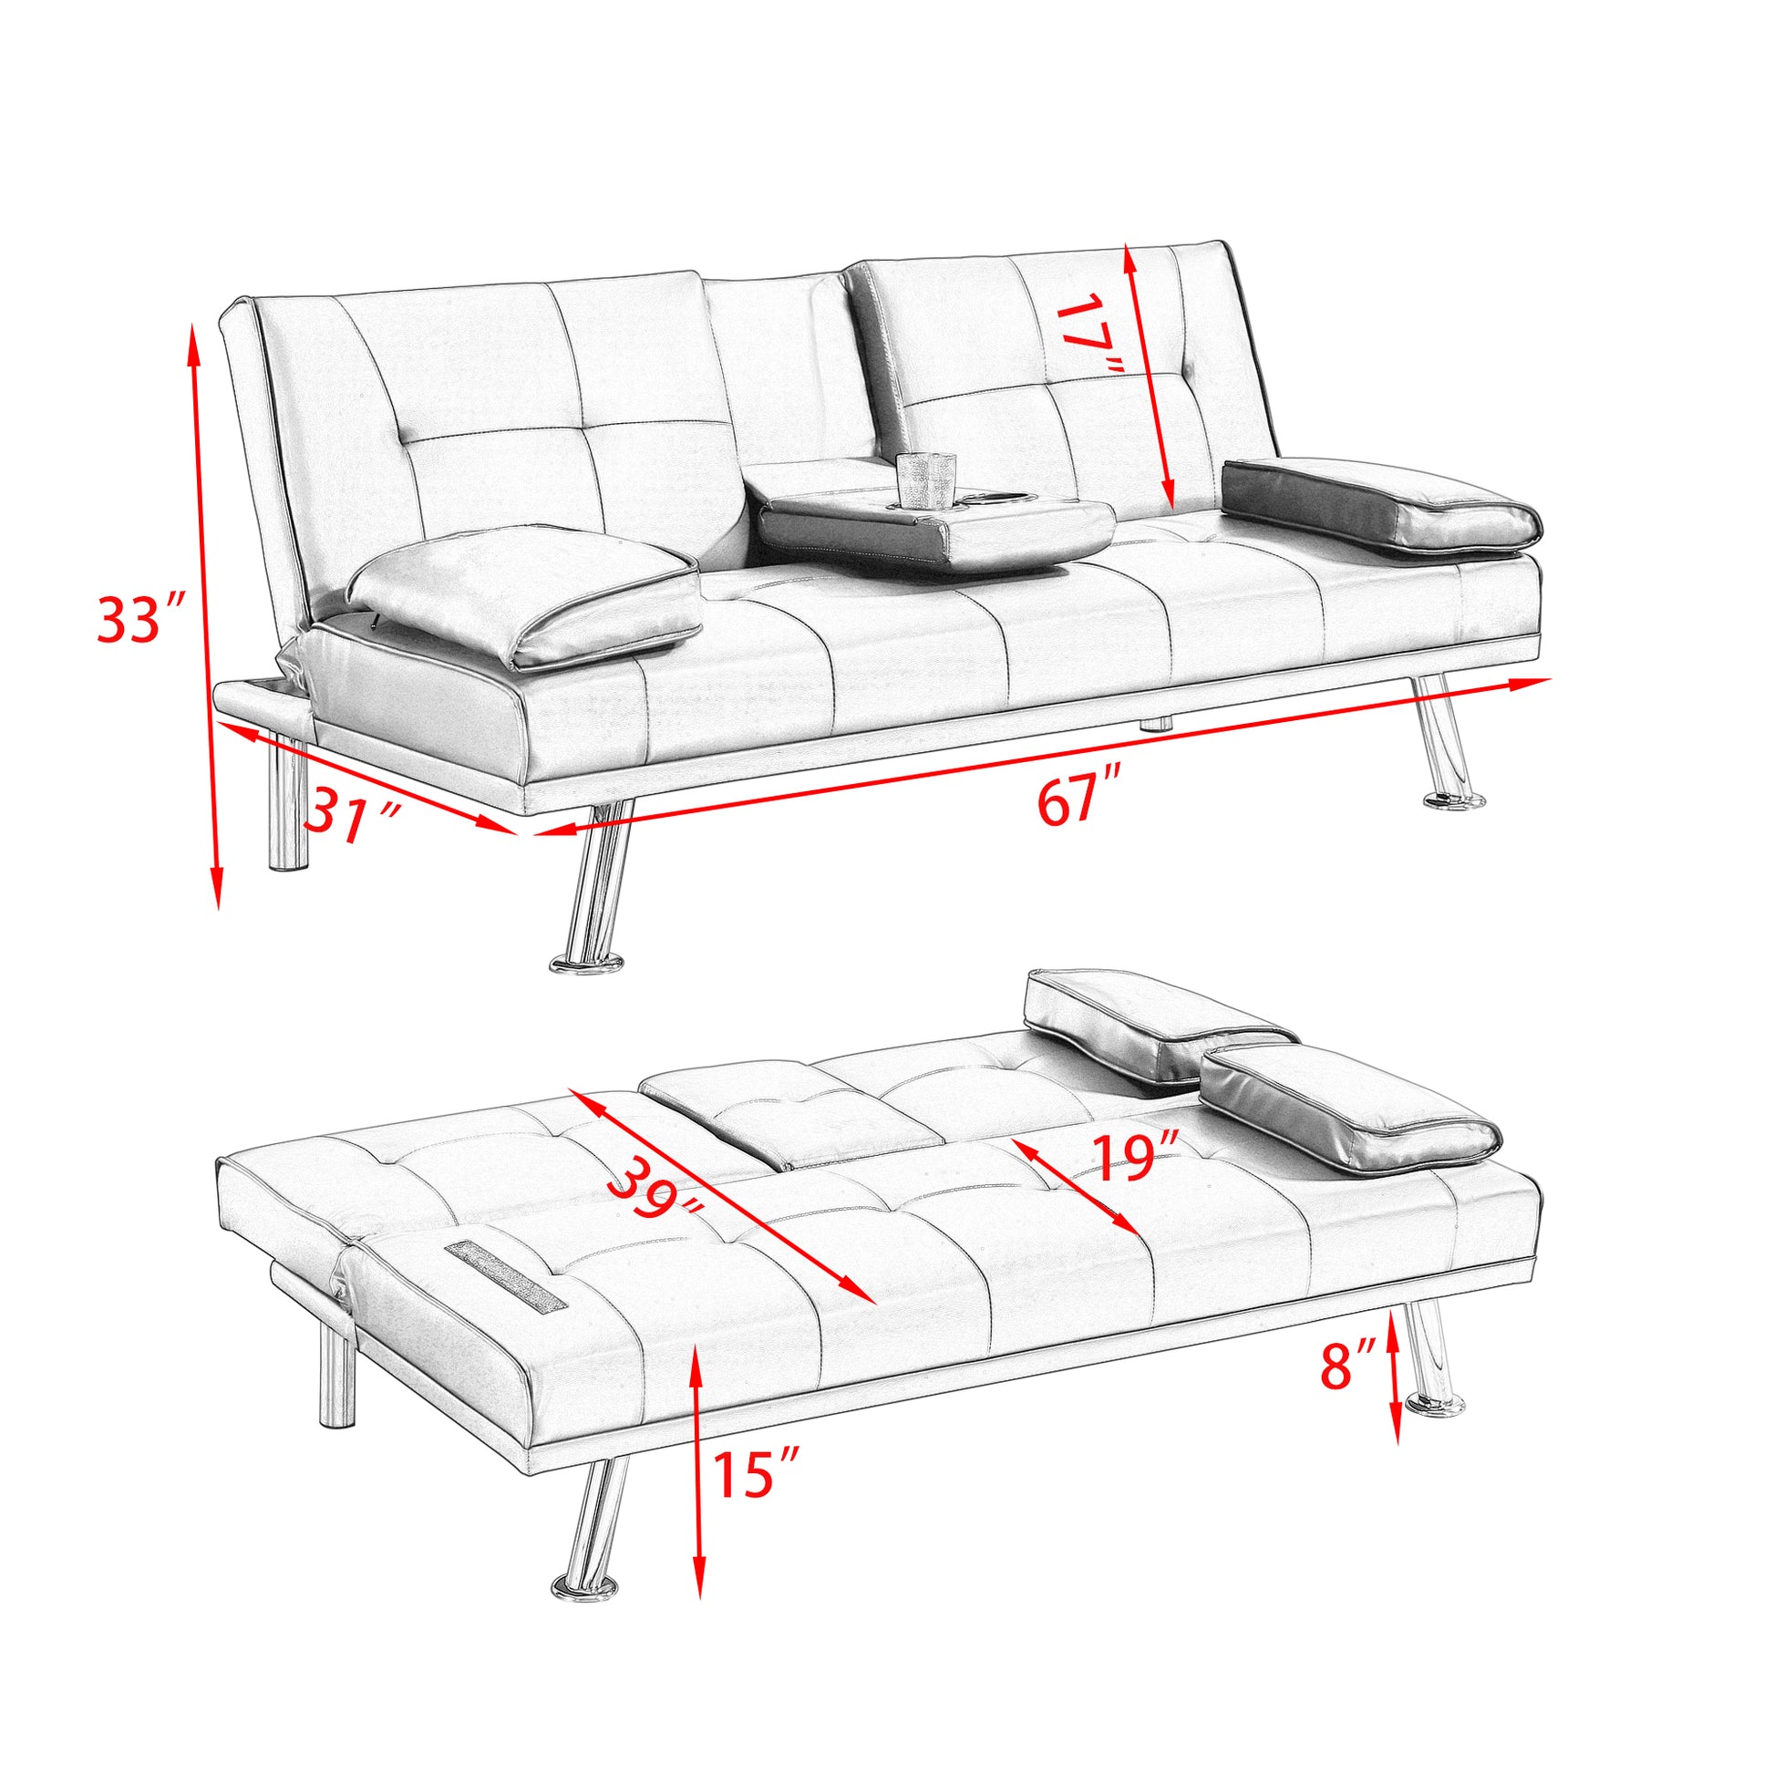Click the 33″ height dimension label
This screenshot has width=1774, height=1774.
tap(142, 620)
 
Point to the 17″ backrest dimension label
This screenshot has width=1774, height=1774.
tap(1090, 334)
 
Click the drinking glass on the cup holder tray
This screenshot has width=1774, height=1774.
tap(925, 480)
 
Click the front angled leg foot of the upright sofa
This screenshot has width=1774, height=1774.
tap(586, 964)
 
